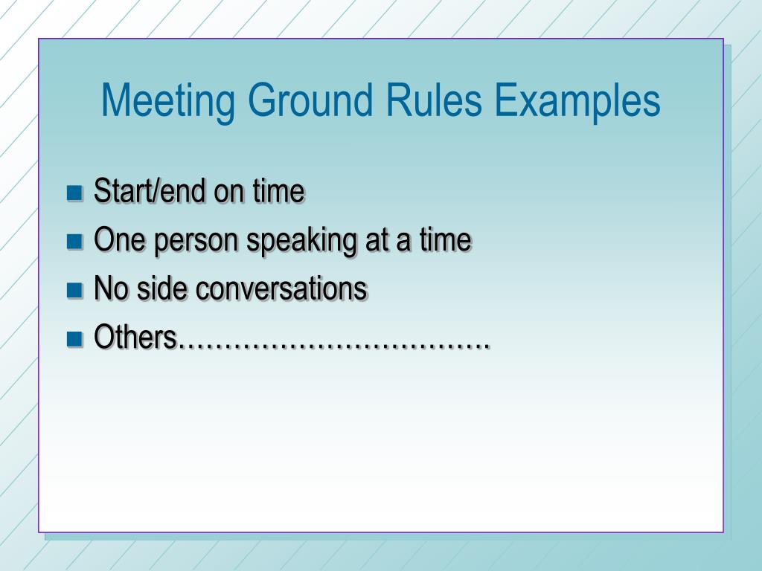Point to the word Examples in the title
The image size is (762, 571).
[x=577, y=101]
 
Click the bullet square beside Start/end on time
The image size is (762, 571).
[x=74, y=193]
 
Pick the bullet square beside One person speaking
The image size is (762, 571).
[x=74, y=242]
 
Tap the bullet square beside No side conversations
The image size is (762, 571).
[x=74, y=290]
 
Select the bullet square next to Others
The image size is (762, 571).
[x=74, y=339]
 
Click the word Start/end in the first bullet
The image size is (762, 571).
[x=150, y=192]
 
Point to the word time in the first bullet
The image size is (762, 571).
[x=278, y=192]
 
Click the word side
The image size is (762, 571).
[x=163, y=288]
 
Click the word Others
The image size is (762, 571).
[x=135, y=338]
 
